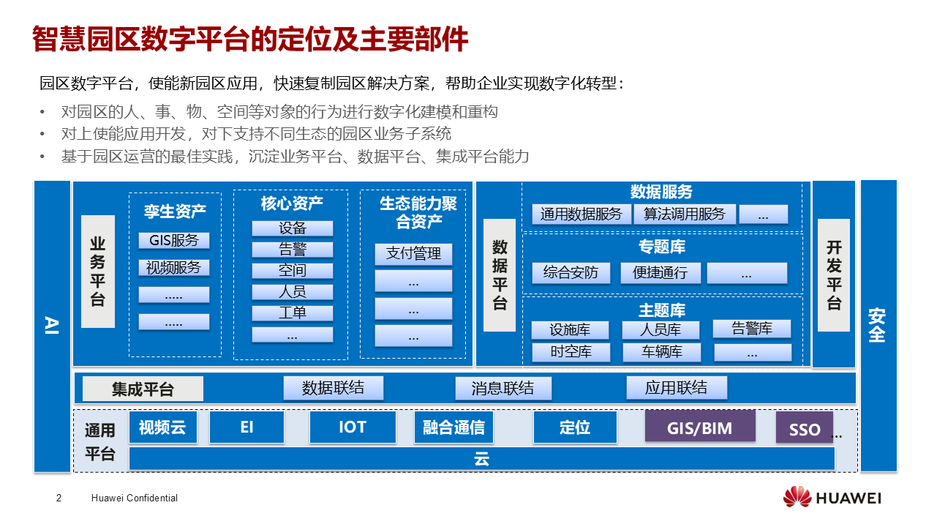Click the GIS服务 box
click(174, 240)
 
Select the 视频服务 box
click(174, 267)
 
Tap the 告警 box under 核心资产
click(292, 250)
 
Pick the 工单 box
click(292, 313)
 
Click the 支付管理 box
click(413, 254)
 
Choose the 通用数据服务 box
click(581, 214)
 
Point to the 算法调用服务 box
click(685, 214)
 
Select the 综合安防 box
click(571, 273)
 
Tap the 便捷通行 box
click(660, 273)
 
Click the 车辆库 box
click(662, 352)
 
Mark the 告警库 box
click(752, 329)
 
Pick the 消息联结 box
click(503, 388)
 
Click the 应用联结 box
click(677, 387)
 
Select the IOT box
click(353, 427)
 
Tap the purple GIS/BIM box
click(699, 427)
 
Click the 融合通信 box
click(454, 427)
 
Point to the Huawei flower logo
click(797, 498)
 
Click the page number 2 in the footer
click(59, 498)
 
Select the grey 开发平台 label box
click(833, 275)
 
